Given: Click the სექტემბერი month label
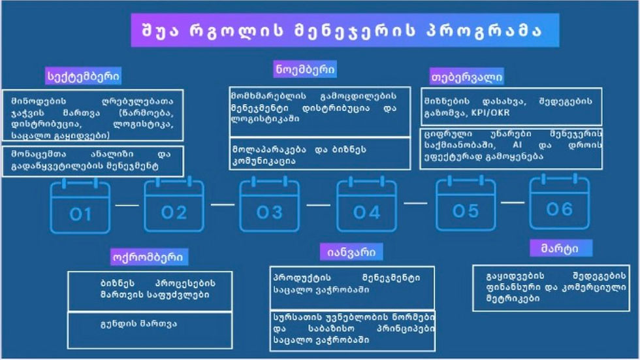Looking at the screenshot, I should [x=84, y=76].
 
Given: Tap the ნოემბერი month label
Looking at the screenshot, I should [x=305, y=69].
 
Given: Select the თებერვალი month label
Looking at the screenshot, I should [x=467, y=76].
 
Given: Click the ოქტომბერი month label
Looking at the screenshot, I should [x=151, y=256].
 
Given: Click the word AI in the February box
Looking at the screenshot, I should [x=519, y=146].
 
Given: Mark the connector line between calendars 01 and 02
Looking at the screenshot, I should [x=127, y=205].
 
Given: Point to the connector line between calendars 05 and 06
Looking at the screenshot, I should [x=513, y=203].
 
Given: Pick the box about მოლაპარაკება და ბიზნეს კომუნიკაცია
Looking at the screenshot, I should [x=320, y=154].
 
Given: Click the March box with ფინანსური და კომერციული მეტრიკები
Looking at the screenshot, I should [x=551, y=287].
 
